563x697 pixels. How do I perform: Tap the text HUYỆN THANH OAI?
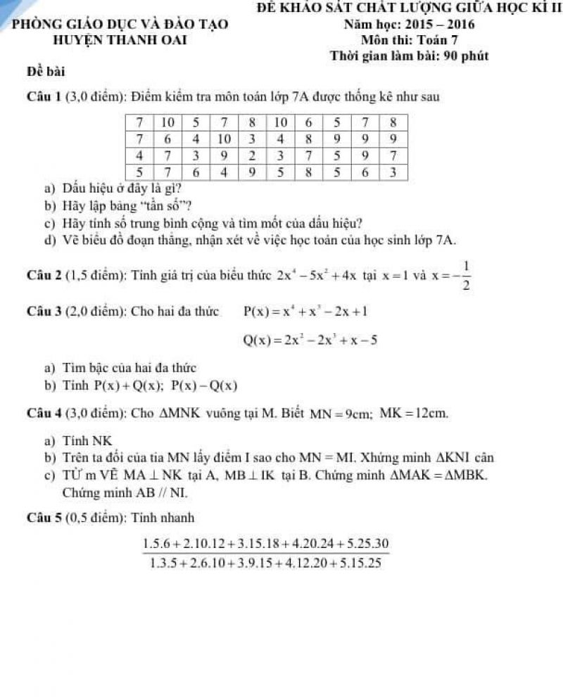point(120,40)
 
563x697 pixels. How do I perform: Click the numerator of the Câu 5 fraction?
point(266,544)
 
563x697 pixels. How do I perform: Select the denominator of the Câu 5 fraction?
point(266,563)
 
